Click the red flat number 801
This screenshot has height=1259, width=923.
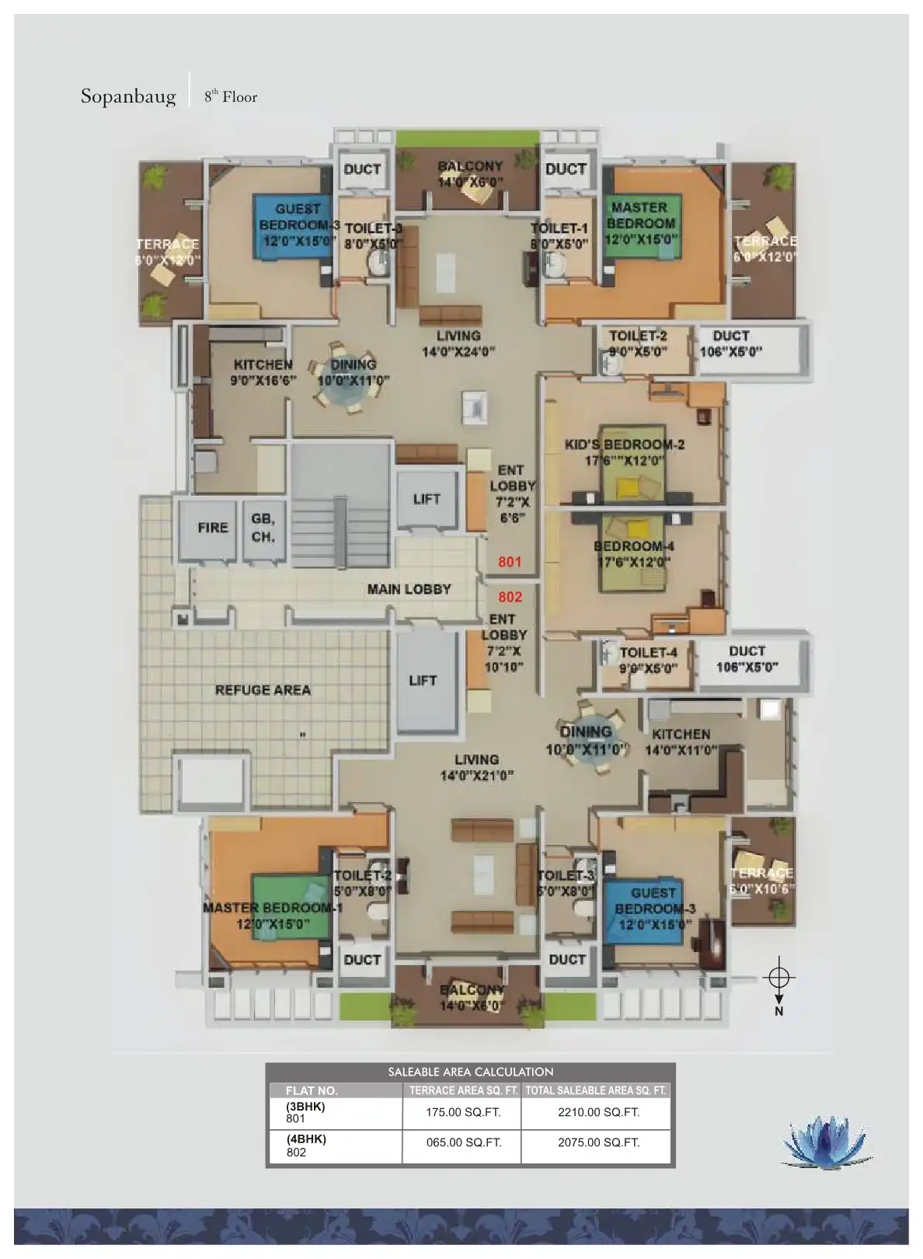[x=510, y=562]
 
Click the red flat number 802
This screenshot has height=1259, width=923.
[x=510, y=597]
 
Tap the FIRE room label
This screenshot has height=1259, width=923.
[x=213, y=528]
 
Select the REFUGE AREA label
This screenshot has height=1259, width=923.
[x=263, y=690]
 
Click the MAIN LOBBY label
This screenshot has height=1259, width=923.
[x=409, y=589]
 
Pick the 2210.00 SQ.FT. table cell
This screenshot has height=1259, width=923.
[x=598, y=1112]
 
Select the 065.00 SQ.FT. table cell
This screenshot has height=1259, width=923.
[x=463, y=1142]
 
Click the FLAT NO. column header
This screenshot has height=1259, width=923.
[x=312, y=1090]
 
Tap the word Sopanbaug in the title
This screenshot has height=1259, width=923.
[x=128, y=96]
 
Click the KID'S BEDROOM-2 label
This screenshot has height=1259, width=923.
[x=625, y=445]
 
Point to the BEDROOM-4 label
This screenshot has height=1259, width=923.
[x=634, y=546]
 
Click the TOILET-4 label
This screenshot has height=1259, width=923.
[x=648, y=653]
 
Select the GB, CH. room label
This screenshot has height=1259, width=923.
[x=263, y=528]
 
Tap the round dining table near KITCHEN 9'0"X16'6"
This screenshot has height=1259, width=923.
[x=343, y=386]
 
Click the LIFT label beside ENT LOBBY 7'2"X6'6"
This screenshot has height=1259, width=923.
[x=427, y=499]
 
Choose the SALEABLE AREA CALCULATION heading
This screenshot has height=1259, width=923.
[x=470, y=1072]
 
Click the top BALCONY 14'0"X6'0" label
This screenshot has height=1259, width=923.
[x=470, y=166]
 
